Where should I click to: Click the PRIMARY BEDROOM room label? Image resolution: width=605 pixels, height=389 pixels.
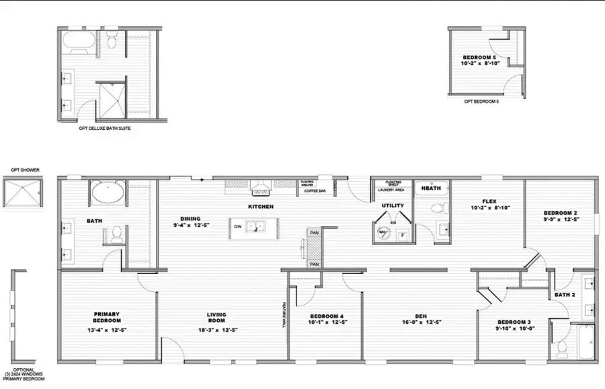coord(106,317)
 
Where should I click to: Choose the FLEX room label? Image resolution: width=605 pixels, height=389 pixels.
coord(489,201)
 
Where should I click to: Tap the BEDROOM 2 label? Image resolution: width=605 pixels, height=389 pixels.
coord(560,214)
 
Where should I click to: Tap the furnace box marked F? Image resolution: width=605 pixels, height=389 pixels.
coord(403,234)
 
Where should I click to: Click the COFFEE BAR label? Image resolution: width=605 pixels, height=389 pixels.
coord(315,191)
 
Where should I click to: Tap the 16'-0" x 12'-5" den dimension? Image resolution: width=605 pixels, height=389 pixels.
coord(421,322)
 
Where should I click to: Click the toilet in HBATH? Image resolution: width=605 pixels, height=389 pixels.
coord(440,206)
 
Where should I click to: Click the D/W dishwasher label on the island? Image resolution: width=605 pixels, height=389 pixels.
coord(237,227)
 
